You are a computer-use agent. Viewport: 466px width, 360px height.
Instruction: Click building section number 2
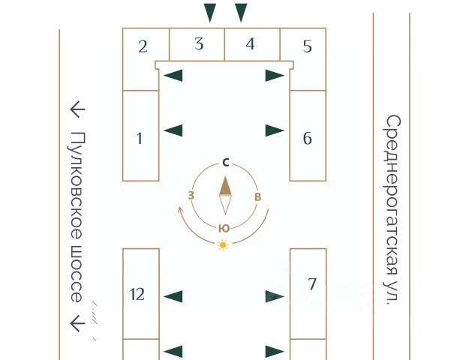pos(143,46)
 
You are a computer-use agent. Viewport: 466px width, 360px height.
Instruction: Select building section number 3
pos(199,43)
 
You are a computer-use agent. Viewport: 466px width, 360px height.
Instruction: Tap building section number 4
pos(250,43)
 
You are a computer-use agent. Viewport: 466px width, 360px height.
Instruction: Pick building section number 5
pos(307,46)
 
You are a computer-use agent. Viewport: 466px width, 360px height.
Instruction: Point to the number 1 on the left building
pos(140,137)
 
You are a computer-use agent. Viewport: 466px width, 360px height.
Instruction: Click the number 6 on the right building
pos(308,138)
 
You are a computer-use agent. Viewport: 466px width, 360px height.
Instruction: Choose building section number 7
pos(312,283)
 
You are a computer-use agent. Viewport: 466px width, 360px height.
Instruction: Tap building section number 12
pos(137,294)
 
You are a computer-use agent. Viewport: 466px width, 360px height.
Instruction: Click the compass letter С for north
pos(225,162)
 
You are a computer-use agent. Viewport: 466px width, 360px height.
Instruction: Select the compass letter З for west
pos(191,196)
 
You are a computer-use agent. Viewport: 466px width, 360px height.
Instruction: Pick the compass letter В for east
pos(258,196)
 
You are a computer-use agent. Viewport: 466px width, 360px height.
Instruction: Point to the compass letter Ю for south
pos(224,228)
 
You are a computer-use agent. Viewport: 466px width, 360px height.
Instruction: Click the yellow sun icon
pos(222,244)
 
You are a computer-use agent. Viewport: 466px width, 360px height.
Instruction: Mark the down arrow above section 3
pos(210,12)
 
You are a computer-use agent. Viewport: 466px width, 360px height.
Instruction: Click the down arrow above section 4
pos(241,12)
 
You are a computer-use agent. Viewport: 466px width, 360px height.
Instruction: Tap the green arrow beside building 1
pos(173,130)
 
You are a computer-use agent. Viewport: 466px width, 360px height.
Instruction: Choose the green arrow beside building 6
pos(275,130)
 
